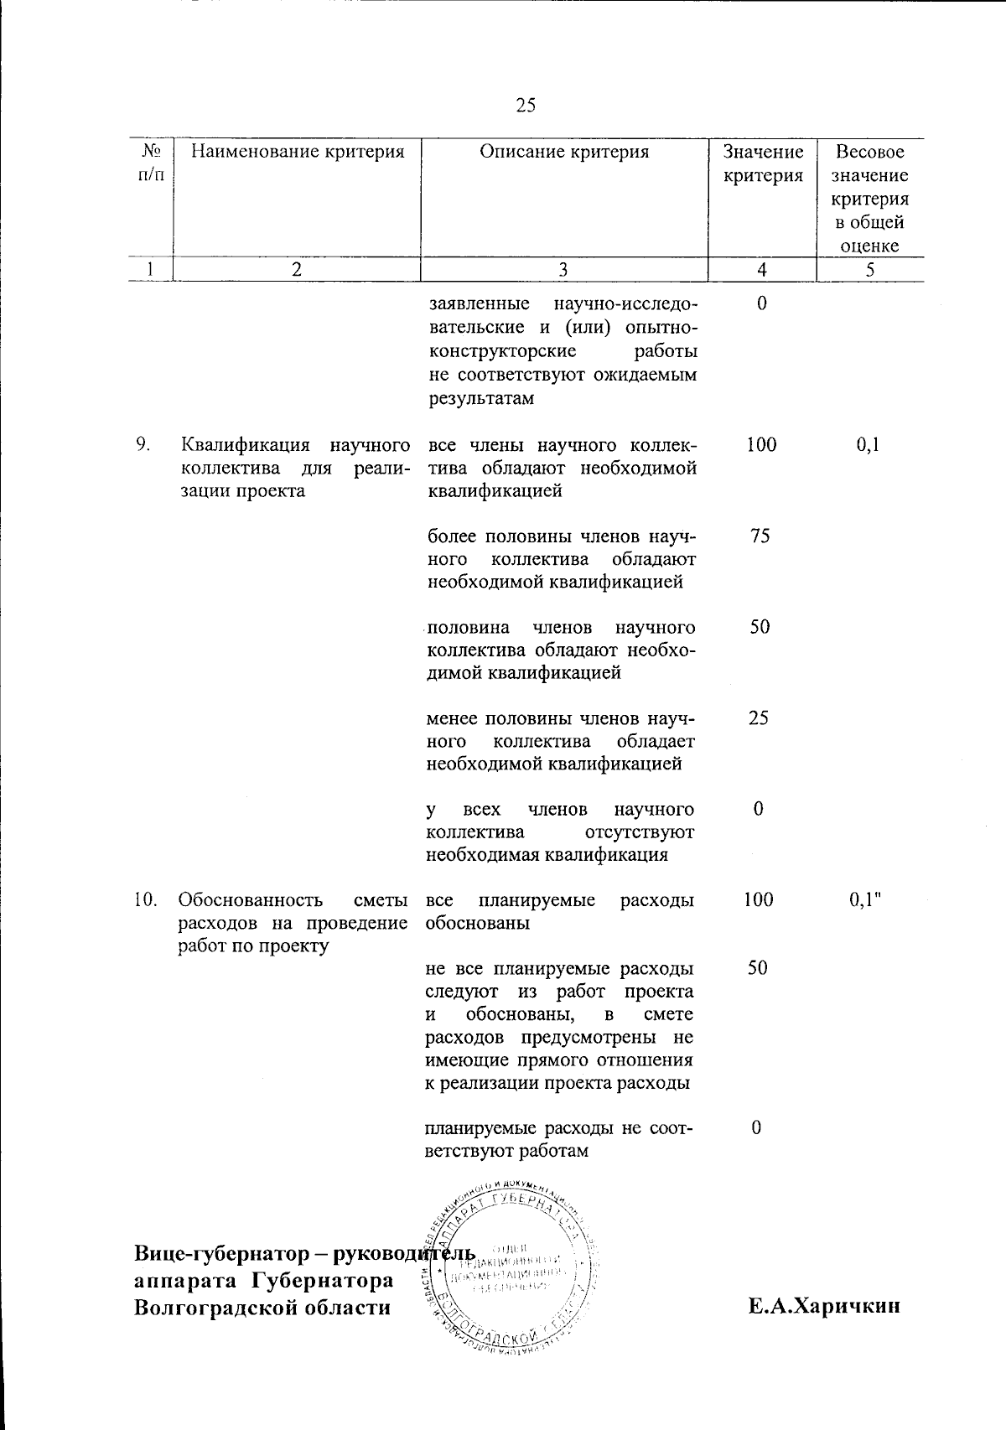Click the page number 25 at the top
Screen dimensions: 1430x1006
(x=526, y=106)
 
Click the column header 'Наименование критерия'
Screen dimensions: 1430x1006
(x=297, y=152)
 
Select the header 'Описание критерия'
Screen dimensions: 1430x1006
(x=564, y=152)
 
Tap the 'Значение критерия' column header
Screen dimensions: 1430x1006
(x=763, y=163)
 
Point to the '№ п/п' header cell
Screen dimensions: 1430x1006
(x=151, y=163)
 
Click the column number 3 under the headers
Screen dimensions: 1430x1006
(x=563, y=269)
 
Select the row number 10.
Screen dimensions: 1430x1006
(x=146, y=900)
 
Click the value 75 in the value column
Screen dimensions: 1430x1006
(x=760, y=536)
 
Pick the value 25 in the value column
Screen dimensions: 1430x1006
(x=759, y=718)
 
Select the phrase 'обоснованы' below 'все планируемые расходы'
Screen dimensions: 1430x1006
(x=478, y=924)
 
